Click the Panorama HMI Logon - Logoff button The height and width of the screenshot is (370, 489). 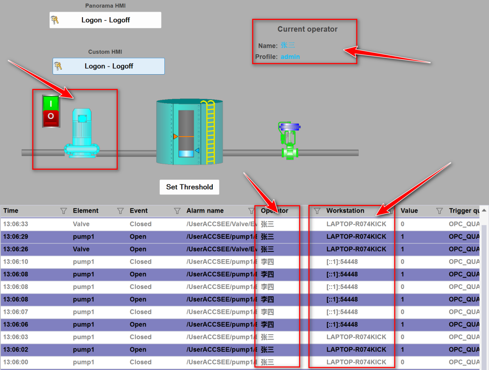(x=105, y=20)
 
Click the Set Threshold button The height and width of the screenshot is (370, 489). (x=189, y=187)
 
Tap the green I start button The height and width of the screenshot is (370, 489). (x=51, y=104)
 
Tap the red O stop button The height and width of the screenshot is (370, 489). (x=51, y=117)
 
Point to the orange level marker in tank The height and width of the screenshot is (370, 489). (x=176, y=136)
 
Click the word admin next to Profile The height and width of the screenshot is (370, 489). (x=290, y=57)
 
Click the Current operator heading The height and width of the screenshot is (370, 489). (x=307, y=29)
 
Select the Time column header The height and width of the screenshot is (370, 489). (x=11, y=210)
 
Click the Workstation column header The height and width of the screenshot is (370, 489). (x=345, y=210)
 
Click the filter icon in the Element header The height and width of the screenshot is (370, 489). (x=120, y=210)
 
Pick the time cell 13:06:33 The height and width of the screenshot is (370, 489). (x=15, y=224)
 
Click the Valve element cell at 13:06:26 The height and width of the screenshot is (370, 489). (x=81, y=249)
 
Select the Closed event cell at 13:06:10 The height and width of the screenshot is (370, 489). (x=140, y=261)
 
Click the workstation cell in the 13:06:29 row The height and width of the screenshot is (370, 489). (x=356, y=237)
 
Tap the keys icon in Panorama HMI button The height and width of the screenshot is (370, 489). (x=55, y=20)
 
